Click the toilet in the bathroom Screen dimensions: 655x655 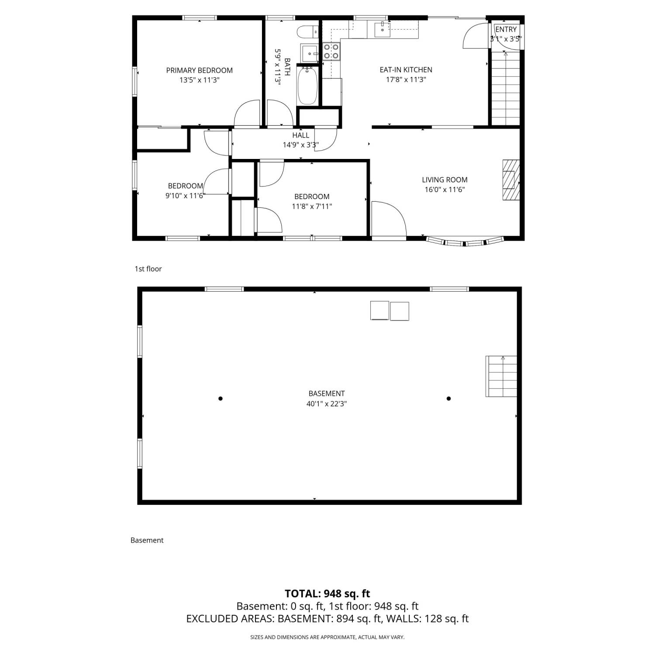coord(307,32)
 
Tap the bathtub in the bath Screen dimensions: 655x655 coord(307,86)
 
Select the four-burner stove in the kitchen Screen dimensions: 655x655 coord(331,51)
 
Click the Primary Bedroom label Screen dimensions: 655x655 coord(200,70)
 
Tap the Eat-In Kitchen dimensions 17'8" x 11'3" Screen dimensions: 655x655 coord(406,79)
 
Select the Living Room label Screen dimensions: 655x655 coord(445,179)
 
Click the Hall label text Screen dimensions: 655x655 coord(301,135)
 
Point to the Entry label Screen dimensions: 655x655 coord(506,29)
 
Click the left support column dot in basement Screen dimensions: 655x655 coord(221,398)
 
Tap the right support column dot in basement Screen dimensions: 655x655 coord(448,398)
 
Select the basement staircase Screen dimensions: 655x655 coord(501,376)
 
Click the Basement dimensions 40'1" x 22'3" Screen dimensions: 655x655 coord(327,404)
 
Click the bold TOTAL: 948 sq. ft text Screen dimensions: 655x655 coord(327,593)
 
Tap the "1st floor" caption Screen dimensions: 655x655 coord(148,269)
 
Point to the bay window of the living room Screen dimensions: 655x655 coord(465,241)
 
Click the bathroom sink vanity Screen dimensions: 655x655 coord(310,54)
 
